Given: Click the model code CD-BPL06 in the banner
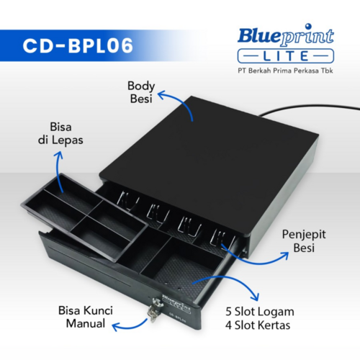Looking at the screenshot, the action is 78,45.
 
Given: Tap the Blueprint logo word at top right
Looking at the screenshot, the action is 286,35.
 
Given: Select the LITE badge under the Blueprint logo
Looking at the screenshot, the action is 286,56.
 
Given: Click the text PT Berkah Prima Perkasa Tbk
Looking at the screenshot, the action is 285,71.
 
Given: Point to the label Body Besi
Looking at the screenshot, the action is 141,92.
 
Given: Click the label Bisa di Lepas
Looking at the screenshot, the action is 60,133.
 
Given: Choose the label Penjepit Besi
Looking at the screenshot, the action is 304,241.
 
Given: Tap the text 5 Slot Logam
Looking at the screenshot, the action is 260,312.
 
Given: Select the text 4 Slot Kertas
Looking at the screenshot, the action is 258,325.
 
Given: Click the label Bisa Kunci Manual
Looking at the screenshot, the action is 86,317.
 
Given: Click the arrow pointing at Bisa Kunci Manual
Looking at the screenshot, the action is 131,327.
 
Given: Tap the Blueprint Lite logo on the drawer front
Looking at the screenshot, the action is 176,304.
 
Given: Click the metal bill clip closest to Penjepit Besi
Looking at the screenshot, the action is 222,238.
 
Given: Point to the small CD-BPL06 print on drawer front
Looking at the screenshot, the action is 178,317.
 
